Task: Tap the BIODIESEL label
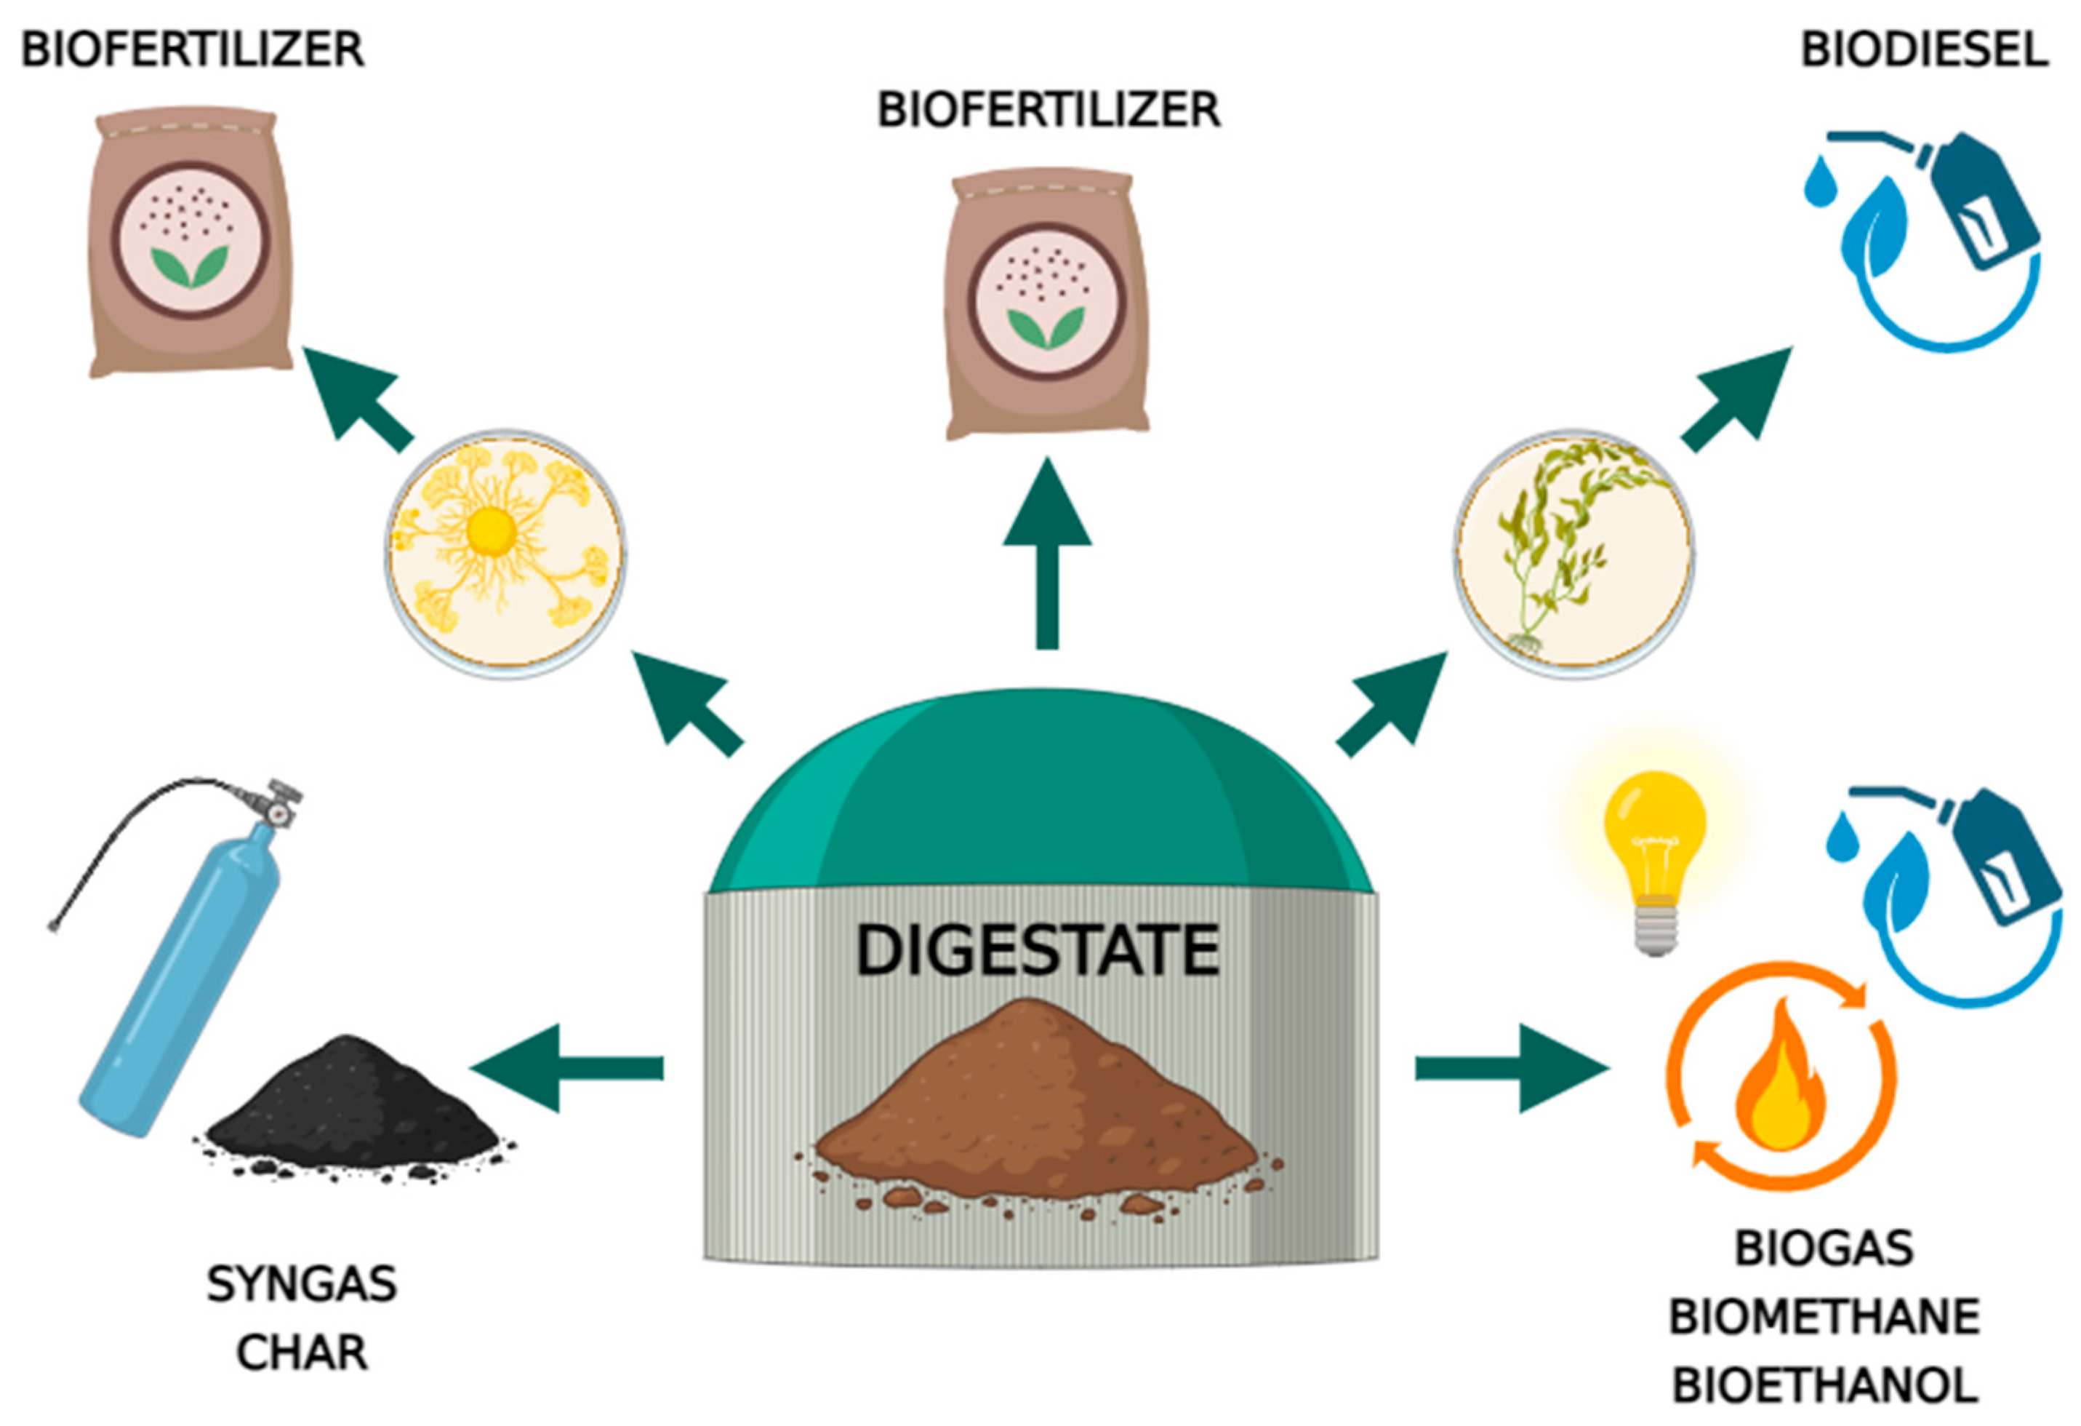[1924, 49]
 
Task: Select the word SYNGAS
[302, 1284]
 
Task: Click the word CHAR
[302, 1353]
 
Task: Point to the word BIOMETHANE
[1824, 1318]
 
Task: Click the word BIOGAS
[1824, 1248]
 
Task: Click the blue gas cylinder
[179, 976]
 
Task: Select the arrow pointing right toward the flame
[1513, 1068]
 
